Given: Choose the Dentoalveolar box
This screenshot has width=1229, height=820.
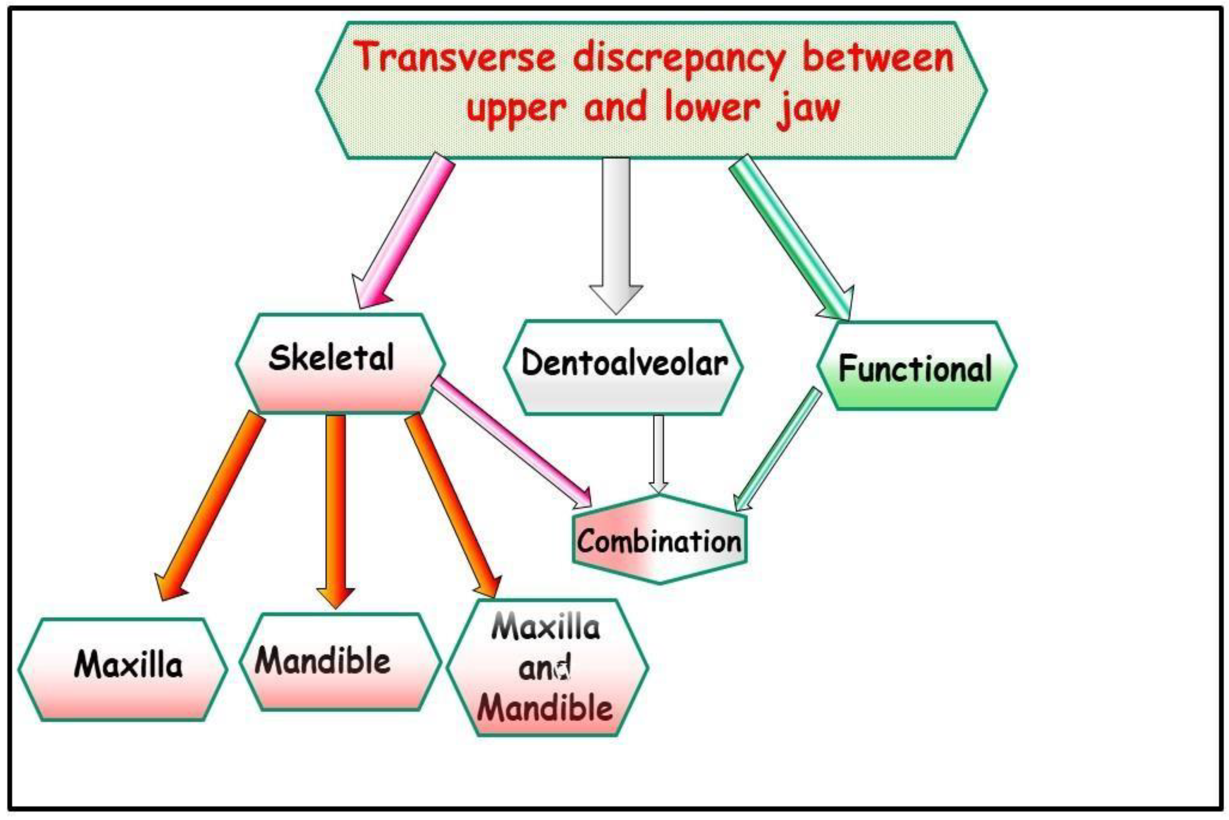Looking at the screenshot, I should click(623, 366).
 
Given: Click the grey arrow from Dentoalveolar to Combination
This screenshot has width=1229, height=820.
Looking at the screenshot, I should click(658, 452).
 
